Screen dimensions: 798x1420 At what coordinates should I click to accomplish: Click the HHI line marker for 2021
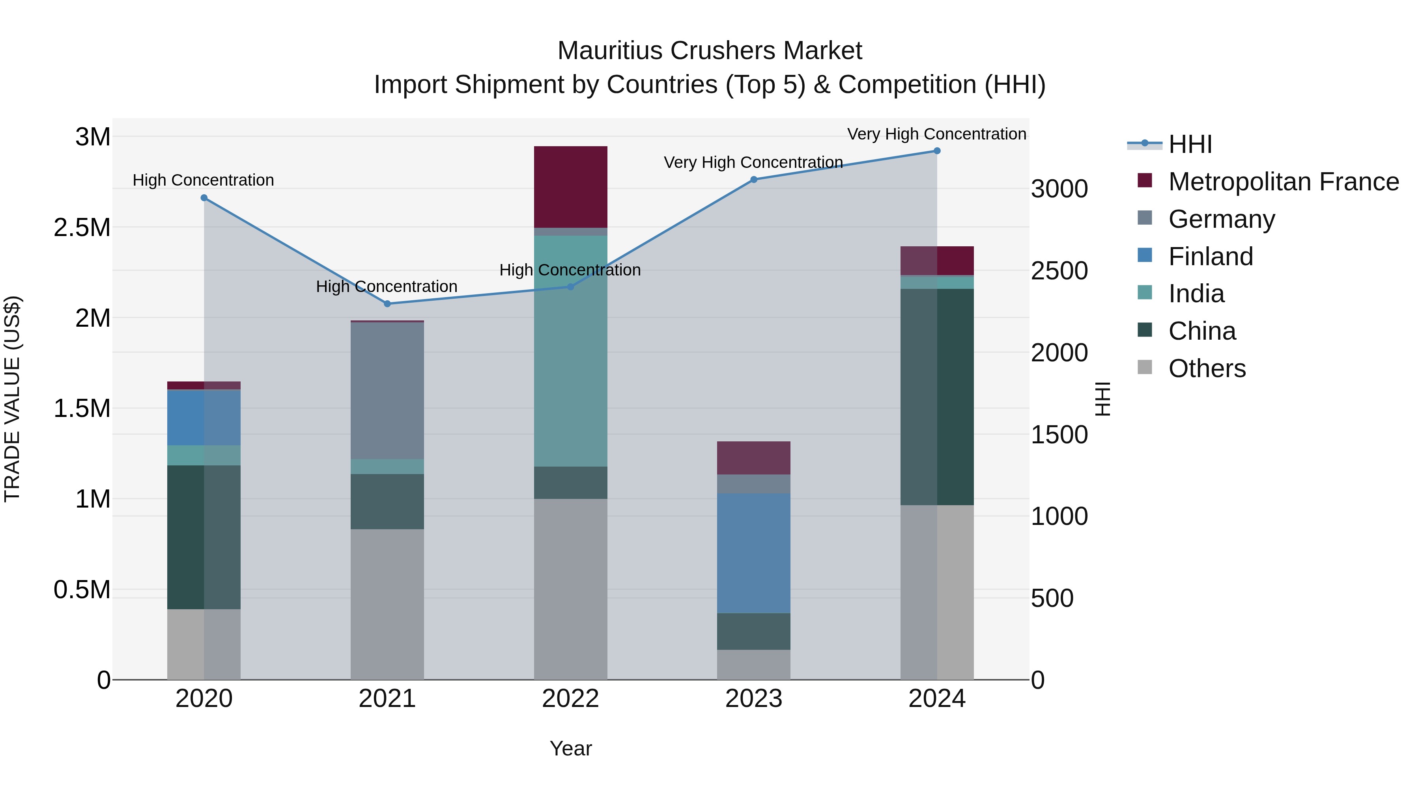387,303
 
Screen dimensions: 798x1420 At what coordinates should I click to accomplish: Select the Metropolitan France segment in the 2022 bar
570,187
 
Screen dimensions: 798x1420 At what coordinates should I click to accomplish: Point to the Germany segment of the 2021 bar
387,391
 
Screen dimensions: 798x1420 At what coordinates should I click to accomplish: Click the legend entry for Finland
1210,257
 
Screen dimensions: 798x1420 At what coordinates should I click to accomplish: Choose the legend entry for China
1202,331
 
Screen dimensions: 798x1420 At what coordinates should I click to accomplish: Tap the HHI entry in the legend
1190,144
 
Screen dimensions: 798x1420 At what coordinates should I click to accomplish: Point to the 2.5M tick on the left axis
82,227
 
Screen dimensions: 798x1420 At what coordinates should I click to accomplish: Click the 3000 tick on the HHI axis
1059,189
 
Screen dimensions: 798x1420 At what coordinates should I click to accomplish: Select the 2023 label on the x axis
753,699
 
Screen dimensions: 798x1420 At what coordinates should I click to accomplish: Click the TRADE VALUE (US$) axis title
12,399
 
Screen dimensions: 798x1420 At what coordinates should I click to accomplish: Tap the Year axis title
570,748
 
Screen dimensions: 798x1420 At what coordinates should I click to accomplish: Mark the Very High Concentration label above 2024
936,134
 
